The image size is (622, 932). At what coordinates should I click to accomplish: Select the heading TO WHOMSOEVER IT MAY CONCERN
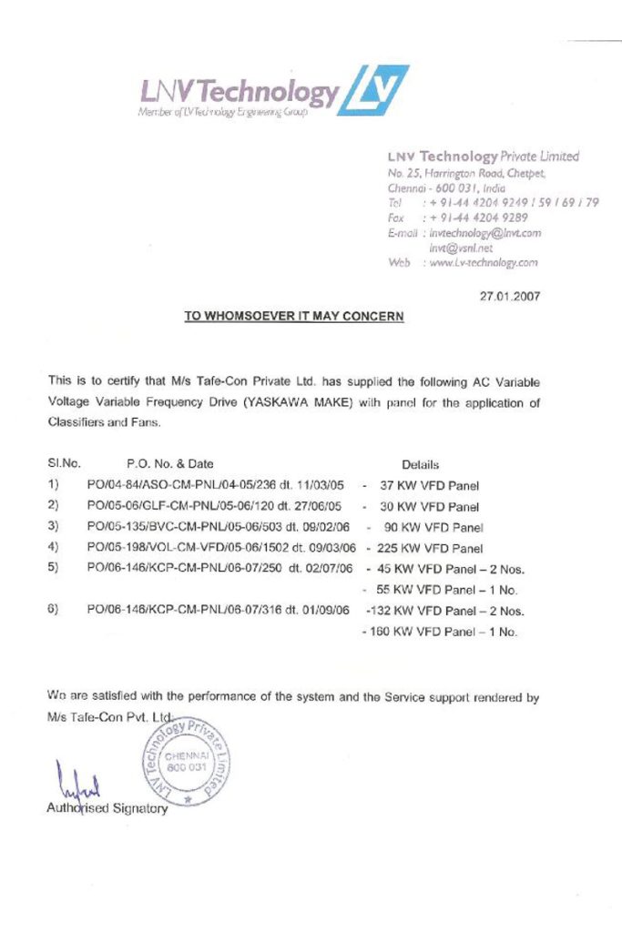point(294,317)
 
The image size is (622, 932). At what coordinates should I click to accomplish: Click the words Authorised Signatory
point(107,808)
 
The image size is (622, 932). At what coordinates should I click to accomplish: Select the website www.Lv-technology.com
point(481,262)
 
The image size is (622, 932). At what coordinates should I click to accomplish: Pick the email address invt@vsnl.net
point(460,247)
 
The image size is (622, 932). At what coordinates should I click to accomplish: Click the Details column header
point(420,464)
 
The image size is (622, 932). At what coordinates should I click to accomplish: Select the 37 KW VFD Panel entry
point(429,485)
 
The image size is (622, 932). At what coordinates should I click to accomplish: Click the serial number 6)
point(54,610)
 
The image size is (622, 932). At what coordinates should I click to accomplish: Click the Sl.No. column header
point(61,464)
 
